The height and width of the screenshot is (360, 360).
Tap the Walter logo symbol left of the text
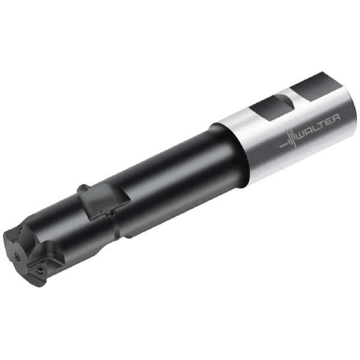(288, 140)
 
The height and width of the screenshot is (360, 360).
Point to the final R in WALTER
(336, 118)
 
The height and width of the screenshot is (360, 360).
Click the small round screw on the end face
(17, 256)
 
